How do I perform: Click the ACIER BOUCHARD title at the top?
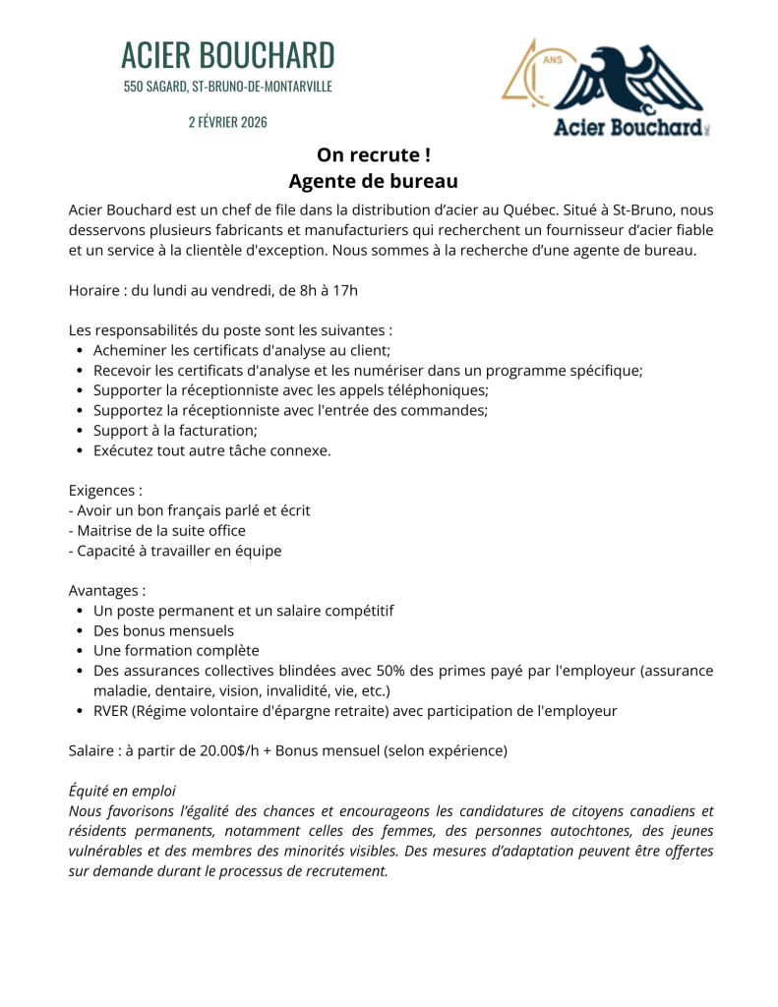(x=227, y=55)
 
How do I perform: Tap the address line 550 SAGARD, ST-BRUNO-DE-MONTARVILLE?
(x=227, y=87)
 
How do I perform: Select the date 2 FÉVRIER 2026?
(x=227, y=122)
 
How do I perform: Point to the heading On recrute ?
(x=373, y=155)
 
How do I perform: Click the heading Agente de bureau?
(x=373, y=182)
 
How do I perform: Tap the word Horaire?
(x=96, y=290)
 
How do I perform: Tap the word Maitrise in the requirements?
(x=105, y=530)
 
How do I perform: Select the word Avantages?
(x=105, y=591)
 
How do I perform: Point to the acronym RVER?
(x=114, y=711)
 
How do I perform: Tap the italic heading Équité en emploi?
(x=122, y=791)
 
